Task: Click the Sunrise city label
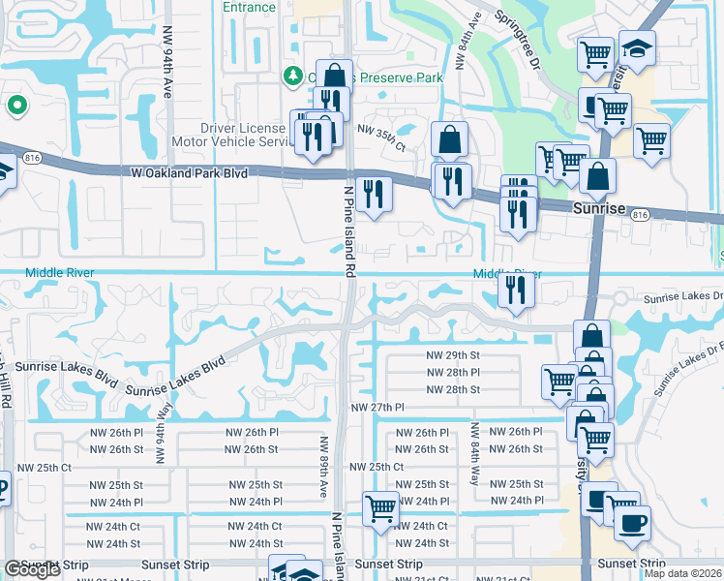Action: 600,209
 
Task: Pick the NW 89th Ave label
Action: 319,466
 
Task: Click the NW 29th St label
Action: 453,355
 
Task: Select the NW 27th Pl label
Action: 377,409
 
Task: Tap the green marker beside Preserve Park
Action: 291,76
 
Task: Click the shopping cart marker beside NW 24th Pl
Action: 380,507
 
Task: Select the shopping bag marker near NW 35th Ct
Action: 450,140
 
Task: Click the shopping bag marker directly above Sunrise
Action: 599,177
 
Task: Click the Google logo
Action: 32,569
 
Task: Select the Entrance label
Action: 249,7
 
